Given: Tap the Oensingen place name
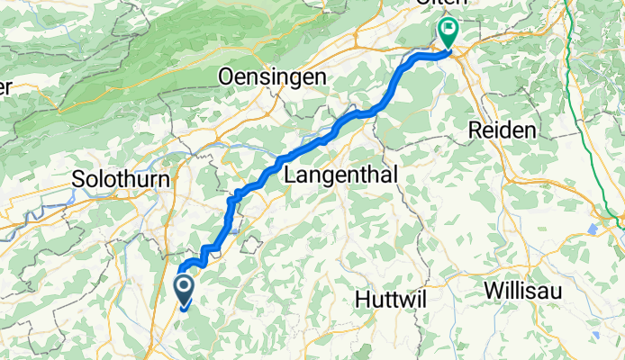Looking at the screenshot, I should point(274,78).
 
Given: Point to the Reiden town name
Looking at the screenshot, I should point(503,131).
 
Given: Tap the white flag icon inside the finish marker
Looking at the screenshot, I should point(448,29).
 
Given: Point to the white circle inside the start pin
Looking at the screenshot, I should point(184,287).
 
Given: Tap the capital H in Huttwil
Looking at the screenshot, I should point(362,297).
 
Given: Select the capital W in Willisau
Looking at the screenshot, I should point(494,292).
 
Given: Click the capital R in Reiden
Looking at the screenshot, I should point(475,131).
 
